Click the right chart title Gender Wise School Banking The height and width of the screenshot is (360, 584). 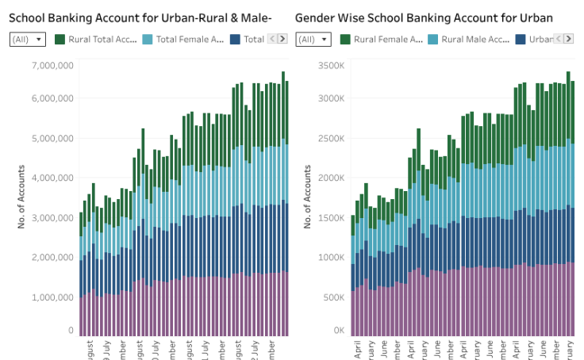tap(424, 17)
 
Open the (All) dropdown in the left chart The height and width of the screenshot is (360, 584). tap(28, 39)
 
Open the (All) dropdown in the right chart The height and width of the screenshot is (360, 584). tap(313, 39)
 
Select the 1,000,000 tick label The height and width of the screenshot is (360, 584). tap(52, 297)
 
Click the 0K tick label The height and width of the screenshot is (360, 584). tap(338, 330)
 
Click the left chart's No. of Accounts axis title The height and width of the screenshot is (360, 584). tap(21, 197)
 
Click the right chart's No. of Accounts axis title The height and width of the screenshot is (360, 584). tap(309, 197)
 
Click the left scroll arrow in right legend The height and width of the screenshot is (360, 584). tap(559, 39)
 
